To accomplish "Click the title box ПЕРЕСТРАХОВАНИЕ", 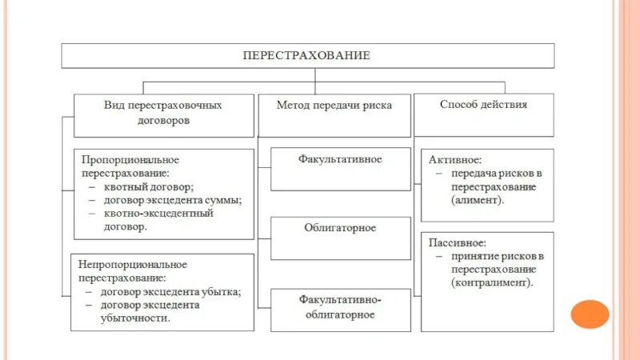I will tap(307, 56).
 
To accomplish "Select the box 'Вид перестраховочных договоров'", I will tap(163, 114).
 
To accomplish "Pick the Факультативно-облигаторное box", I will tap(340, 307).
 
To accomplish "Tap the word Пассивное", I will tap(457, 242).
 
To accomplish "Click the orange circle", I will tap(590, 314).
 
